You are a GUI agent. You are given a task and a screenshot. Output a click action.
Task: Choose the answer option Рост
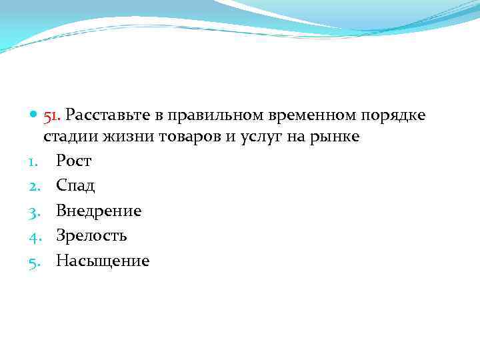click(x=73, y=161)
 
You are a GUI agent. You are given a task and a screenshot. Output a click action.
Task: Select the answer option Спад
click(x=75, y=186)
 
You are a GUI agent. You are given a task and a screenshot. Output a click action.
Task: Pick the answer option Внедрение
click(x=99, y=211)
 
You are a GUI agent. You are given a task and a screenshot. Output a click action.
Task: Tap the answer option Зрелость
click(x=91, y=236)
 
